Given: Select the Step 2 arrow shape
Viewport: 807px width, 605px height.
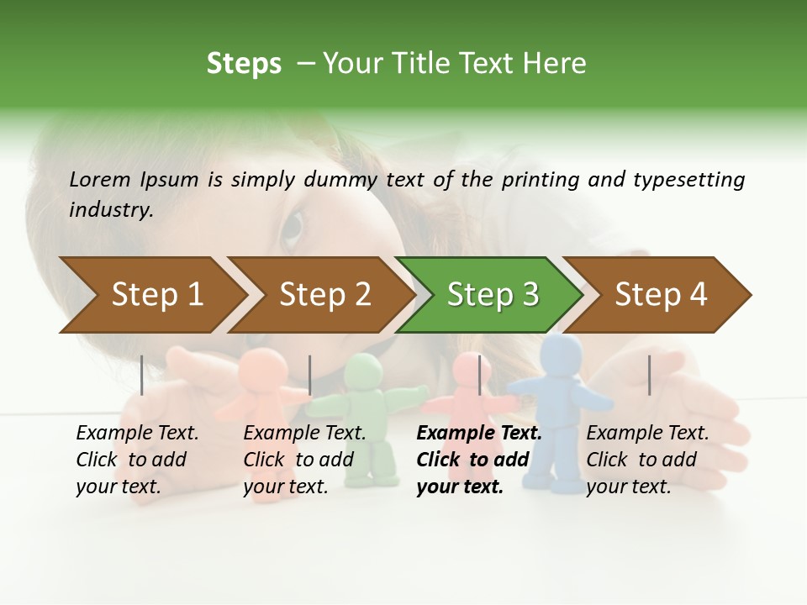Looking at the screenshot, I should (324, 295).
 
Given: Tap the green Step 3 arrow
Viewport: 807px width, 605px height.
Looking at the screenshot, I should (493, 295).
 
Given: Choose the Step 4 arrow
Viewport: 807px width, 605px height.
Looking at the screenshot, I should (661, 295).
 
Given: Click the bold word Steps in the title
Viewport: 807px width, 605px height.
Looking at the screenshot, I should (244, 63).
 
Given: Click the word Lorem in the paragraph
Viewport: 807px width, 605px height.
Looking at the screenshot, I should (100, 179).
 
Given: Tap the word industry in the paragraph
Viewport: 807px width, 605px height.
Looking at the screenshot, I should (110, 209).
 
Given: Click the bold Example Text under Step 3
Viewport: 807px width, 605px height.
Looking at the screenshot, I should (479, 434).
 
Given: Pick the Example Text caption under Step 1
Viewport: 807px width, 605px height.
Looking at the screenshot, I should (137, 434).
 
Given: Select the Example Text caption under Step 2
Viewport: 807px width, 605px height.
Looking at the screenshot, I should (304, 434).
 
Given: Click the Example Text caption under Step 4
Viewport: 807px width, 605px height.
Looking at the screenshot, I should (647, 434).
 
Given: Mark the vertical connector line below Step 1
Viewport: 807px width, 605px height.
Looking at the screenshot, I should (142, 375).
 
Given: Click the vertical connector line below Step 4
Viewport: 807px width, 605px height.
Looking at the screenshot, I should (649, 375).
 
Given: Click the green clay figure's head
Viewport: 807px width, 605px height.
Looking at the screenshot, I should (363, 371).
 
